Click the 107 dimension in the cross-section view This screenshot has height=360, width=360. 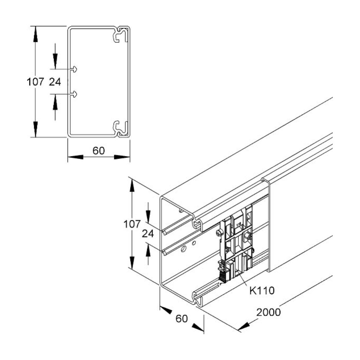[x=35, y=82]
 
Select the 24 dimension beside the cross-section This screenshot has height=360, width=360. [x=55, y=82]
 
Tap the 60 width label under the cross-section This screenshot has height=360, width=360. [x=99, y=151]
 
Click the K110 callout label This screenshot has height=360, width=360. [x=262, y=291]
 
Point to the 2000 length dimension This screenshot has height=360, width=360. [x=268, y=312]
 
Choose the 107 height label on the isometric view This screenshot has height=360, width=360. [x=132, y=224]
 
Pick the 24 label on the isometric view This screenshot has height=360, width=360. [x=148, y=234]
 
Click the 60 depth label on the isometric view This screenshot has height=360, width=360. [x=182, y=319]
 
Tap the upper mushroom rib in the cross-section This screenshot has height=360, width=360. [x=74, y=69]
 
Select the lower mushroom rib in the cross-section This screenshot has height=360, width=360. [x=74, y=94]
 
